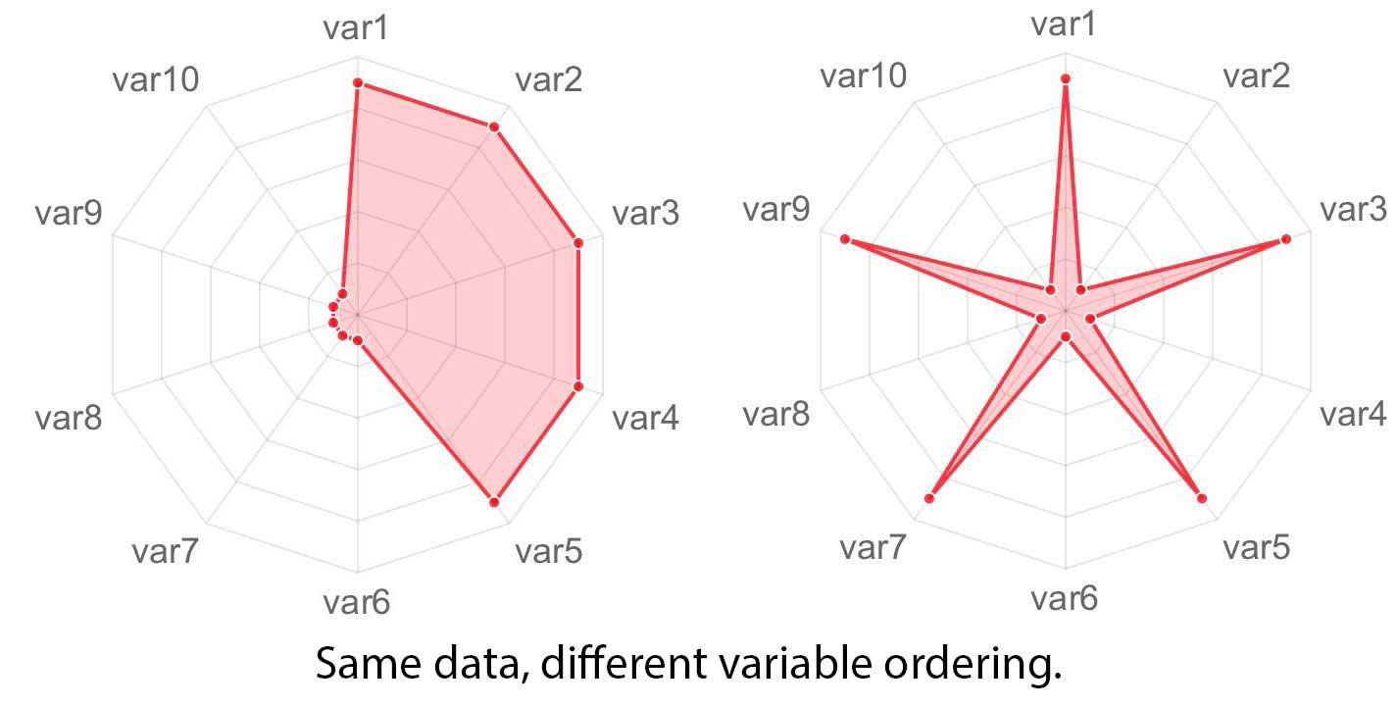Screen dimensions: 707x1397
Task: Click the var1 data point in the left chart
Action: point(358,83)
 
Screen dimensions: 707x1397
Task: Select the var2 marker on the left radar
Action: point(494,127)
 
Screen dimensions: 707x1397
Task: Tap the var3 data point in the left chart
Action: point(578,242)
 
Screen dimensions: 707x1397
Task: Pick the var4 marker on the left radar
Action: point(578,386)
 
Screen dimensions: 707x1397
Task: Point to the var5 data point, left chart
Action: point(494,502)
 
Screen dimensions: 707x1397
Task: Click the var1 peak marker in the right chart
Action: point(1066,78)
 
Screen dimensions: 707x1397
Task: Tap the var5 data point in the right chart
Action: point(1202,498)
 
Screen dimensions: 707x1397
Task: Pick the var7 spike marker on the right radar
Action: point(929,498)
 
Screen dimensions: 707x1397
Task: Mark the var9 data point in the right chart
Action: point(845,239)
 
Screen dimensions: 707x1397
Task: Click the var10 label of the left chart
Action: point(156,78)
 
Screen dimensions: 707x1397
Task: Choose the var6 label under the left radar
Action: point(357,601)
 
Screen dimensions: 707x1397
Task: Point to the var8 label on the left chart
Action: point(68,418)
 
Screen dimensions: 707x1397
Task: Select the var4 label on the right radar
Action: point(1353,414)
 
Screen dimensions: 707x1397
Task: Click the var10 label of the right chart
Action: point(864,75)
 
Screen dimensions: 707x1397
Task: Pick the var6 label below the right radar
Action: point(1065,597)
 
